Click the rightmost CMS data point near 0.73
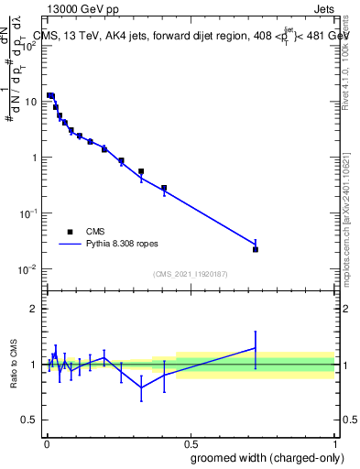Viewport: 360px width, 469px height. pyautogui.click(x=256, y=249)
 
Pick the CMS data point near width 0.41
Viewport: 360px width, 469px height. pyautogui.click(x=164, y=189)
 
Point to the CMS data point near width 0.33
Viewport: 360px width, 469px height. pyautogui.click(x=141, y=171)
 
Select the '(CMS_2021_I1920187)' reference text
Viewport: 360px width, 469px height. pyautogui.click(x=190, y=274)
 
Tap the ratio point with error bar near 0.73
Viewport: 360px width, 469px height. pyautogui.click(x=256, y=347)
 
